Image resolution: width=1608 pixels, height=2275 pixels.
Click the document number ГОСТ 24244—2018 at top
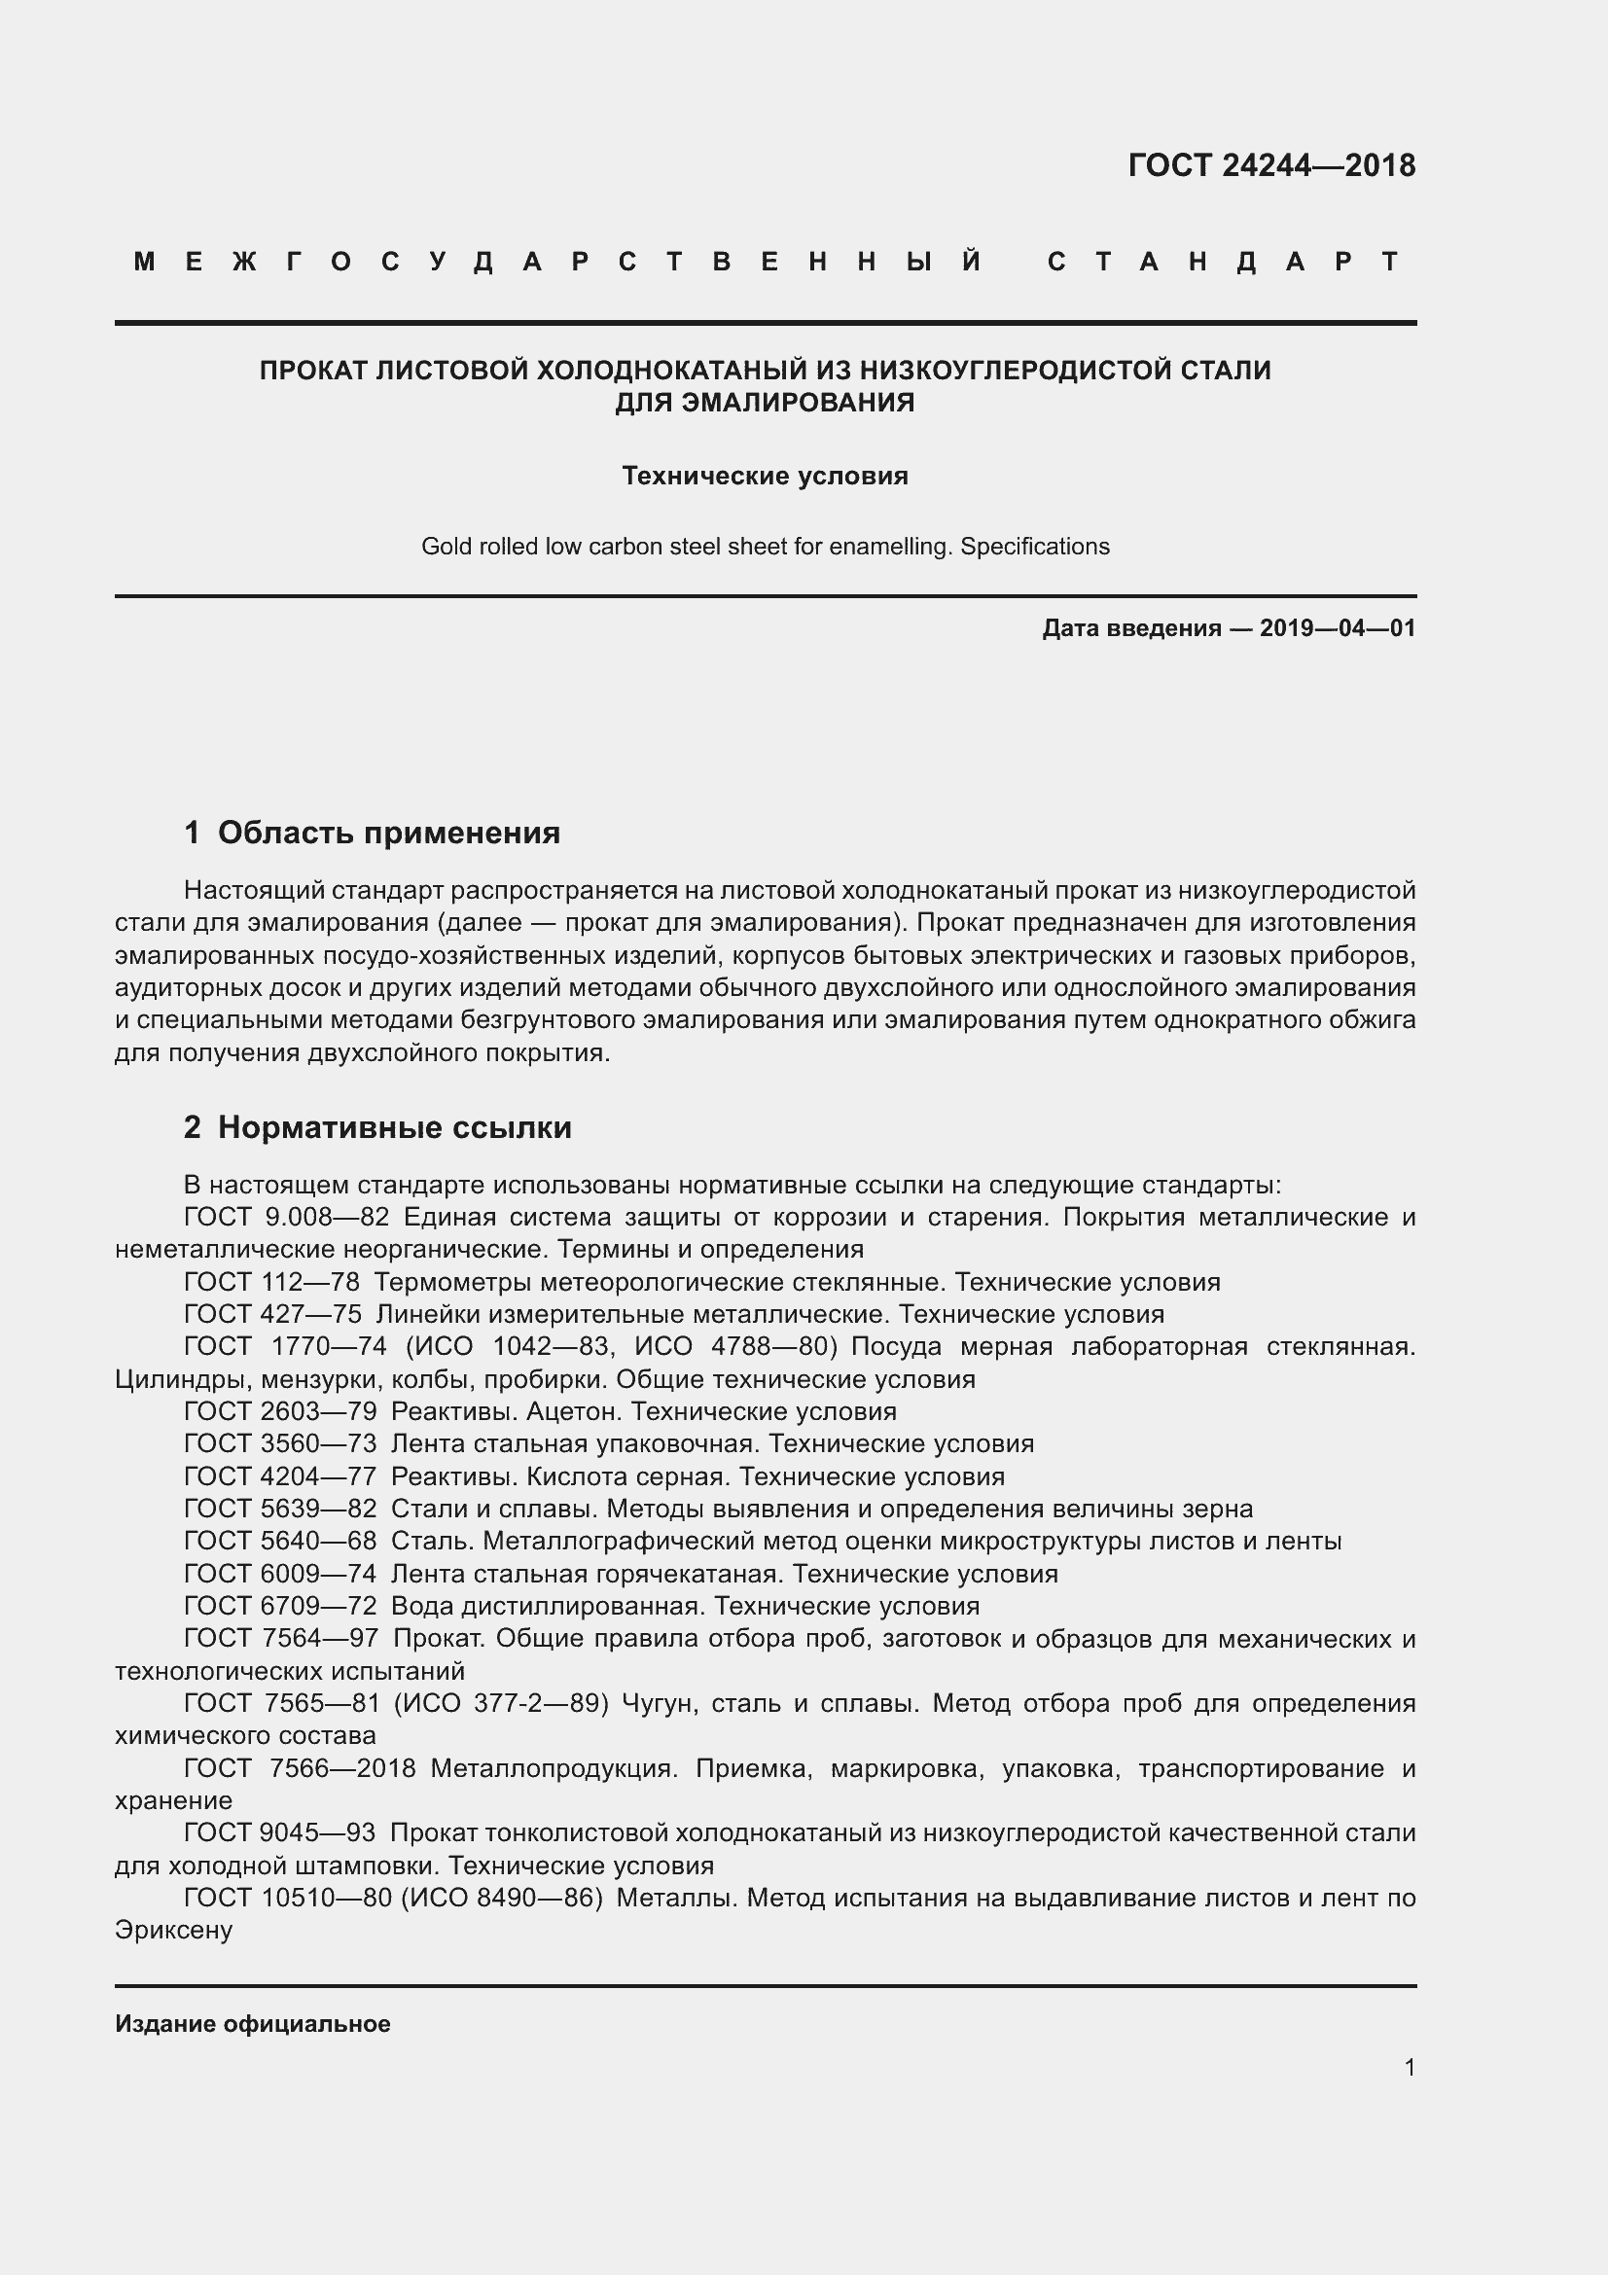pyautogui.click(x=1271, y=165)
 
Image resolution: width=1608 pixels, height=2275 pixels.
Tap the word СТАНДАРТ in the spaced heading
pyautogui.click(x=1224, y=262)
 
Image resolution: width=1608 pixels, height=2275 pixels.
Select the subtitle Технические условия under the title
pyautogui.click(x=765, y=477)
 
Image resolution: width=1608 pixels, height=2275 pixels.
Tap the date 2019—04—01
pyautogui.click(x=1338, y=628)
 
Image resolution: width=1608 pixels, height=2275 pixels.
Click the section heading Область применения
pyautogui.click(x=388, y=834)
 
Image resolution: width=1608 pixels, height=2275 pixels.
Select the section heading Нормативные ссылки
pyautogui.click(x=394, y=1127)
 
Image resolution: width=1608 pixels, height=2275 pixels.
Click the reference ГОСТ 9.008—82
pyautogui.click(x=286, y=1218)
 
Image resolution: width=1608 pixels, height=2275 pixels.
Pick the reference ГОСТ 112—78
pyautogui.click(x=271, y=1283)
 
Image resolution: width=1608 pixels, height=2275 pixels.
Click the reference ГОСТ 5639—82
pyautogui.click(x=280, y=1510)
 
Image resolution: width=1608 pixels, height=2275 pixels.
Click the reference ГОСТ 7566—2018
pyautogui.click(x=300, y=1768)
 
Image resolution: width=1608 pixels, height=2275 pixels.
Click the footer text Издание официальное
pyautogui.click(x=253, y=2024)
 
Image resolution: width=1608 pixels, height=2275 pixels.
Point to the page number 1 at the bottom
pyautogui.click(x=1410, y=2068)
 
